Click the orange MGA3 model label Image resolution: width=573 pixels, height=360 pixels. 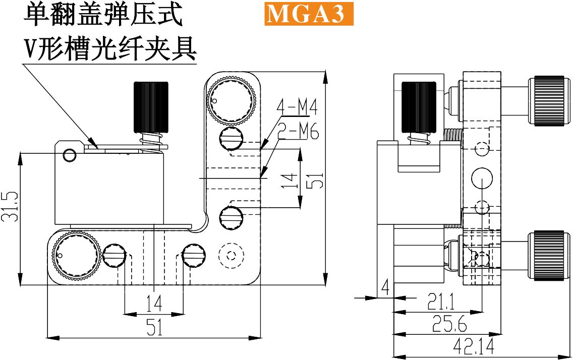pos(309,14)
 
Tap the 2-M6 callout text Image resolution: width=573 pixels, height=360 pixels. pos(298,131)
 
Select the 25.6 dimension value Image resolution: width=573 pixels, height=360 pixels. pos(449,323)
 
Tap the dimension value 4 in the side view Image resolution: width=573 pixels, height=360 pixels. pos(385,287)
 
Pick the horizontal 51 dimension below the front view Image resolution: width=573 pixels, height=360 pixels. pos(154,327)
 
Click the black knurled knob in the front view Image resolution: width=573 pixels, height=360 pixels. pos(151,107)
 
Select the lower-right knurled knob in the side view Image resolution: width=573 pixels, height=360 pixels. pos(549,256)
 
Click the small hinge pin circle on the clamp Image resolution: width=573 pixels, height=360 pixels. pos(70,155)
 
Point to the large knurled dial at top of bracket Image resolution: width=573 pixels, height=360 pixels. pos(231,100)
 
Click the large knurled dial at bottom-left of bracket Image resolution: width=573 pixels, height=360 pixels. pos(76,258)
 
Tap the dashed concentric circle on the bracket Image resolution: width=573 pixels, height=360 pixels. pos(231,256)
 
